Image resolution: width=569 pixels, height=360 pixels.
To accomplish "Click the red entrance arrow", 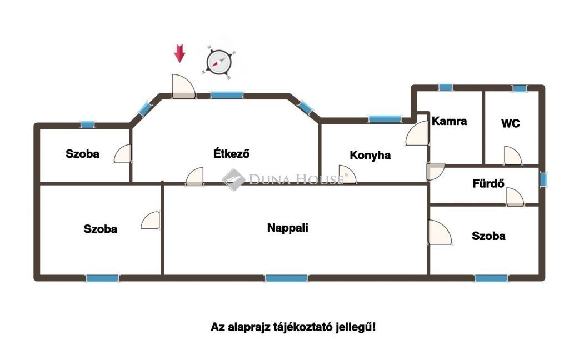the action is tap(179, 53).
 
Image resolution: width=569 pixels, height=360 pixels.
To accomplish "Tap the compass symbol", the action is tap(219, 62).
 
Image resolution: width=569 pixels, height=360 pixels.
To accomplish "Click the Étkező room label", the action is tap(232, 153).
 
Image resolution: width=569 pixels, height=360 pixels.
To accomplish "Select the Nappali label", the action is tap(287, 228).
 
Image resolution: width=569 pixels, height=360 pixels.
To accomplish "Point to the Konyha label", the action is tap(370, 156).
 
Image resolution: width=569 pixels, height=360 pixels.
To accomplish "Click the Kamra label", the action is tap(449, 121).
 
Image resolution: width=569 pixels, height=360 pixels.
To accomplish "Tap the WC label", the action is tap(510, 123).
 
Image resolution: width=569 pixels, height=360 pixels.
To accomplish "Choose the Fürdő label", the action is tap(488, 184).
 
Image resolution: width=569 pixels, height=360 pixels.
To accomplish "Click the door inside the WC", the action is tap(512, 156).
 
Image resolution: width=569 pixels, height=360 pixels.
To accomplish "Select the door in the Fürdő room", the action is tap(515, 197).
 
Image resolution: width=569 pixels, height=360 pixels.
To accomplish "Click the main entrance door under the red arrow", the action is tap(183, 86).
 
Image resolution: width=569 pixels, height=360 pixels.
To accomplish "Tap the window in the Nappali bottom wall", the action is tap(286, 278).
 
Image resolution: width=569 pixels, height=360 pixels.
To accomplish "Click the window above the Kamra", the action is tap(446, 87).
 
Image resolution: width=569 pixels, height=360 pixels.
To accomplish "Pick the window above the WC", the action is tap(520, 88).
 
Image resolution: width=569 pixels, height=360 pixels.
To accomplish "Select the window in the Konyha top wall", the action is tap(385, 119).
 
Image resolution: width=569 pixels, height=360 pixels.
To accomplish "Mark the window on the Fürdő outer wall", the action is tap(543, 179).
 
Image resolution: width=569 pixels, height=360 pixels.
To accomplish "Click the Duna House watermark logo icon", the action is tap(234, 179).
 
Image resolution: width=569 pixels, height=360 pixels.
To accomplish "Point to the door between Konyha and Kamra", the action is tap(417, 133).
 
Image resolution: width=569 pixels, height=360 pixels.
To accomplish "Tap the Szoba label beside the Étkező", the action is tap(82, 154).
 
